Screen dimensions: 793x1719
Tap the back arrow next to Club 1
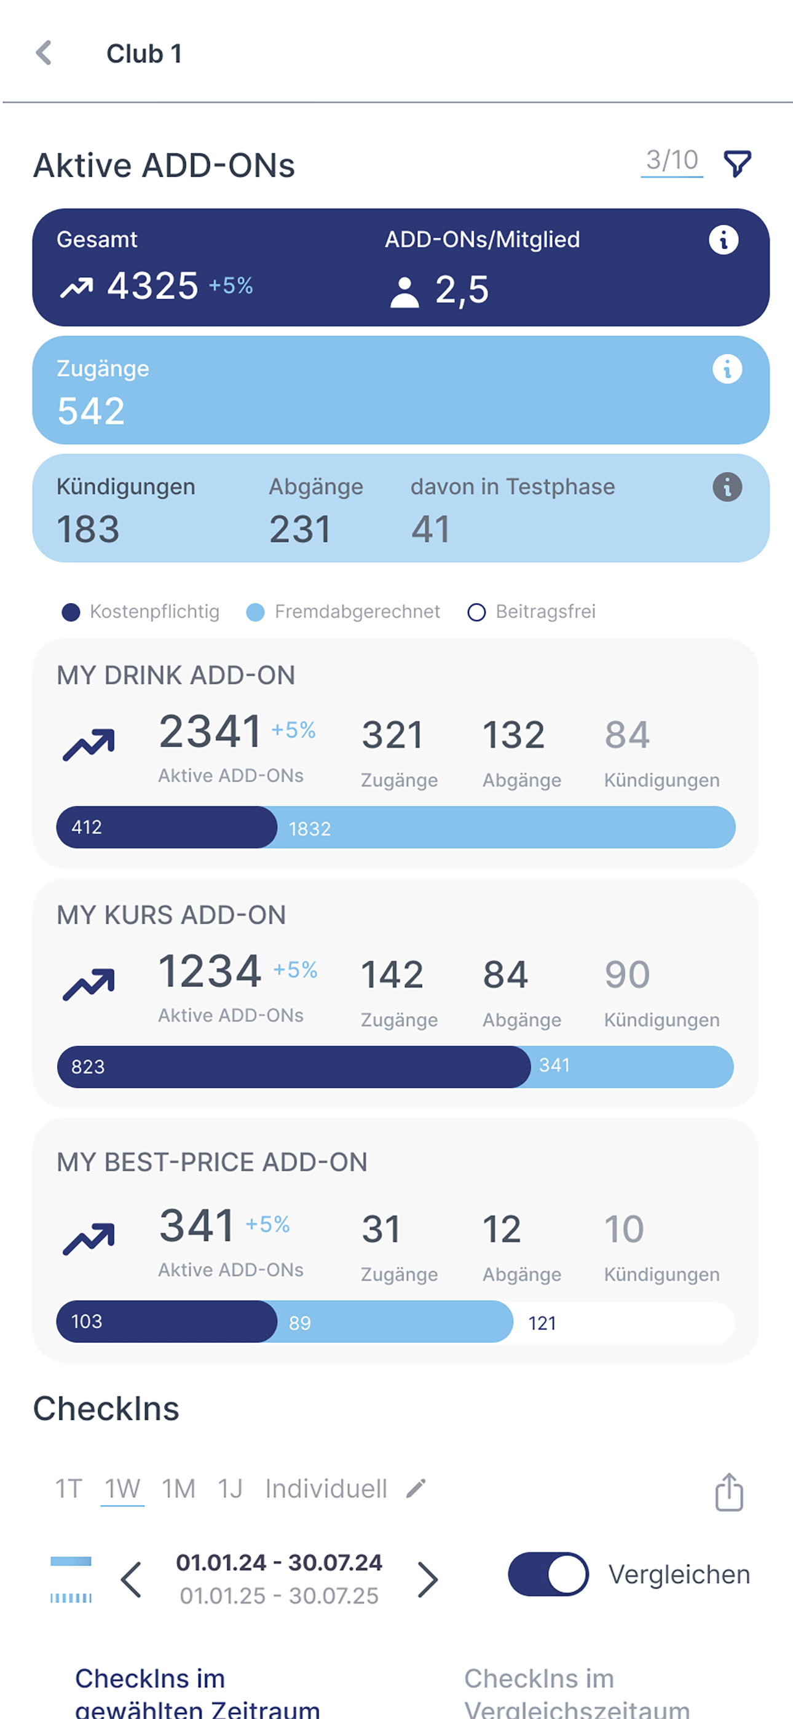pyautogui.click(x=44, y=53)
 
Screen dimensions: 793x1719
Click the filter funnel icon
pyautogui.click(x=738, y=164)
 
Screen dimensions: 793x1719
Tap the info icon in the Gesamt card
pyautogui.click(x=724, y=240)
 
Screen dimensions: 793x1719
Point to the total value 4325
pyautogui.click(x=153, y=286)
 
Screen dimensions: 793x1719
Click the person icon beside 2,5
pyautogui.click(x=404, y=293)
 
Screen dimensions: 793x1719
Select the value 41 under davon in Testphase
pyautogui.click(x=430, y=529)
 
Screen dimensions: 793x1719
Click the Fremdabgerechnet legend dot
pyautogui.click(x=255, y=612)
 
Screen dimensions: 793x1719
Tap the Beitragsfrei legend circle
pyautogui.click(x=476, y=612)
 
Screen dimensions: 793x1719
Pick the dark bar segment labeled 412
pyautogui.click(x=166, y=828)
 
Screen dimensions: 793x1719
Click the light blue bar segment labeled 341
pyautogui.click(x=631, y=1066)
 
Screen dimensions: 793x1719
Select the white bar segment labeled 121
pyautogui.click(x=623, y=1322)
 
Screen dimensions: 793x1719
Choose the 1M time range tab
pyautogui.click(x=179, y=1489)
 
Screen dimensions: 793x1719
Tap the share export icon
pyautogui.click(x=729, y=1492)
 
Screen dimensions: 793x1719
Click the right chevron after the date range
pyautogui.click(x=427, y=1579)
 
